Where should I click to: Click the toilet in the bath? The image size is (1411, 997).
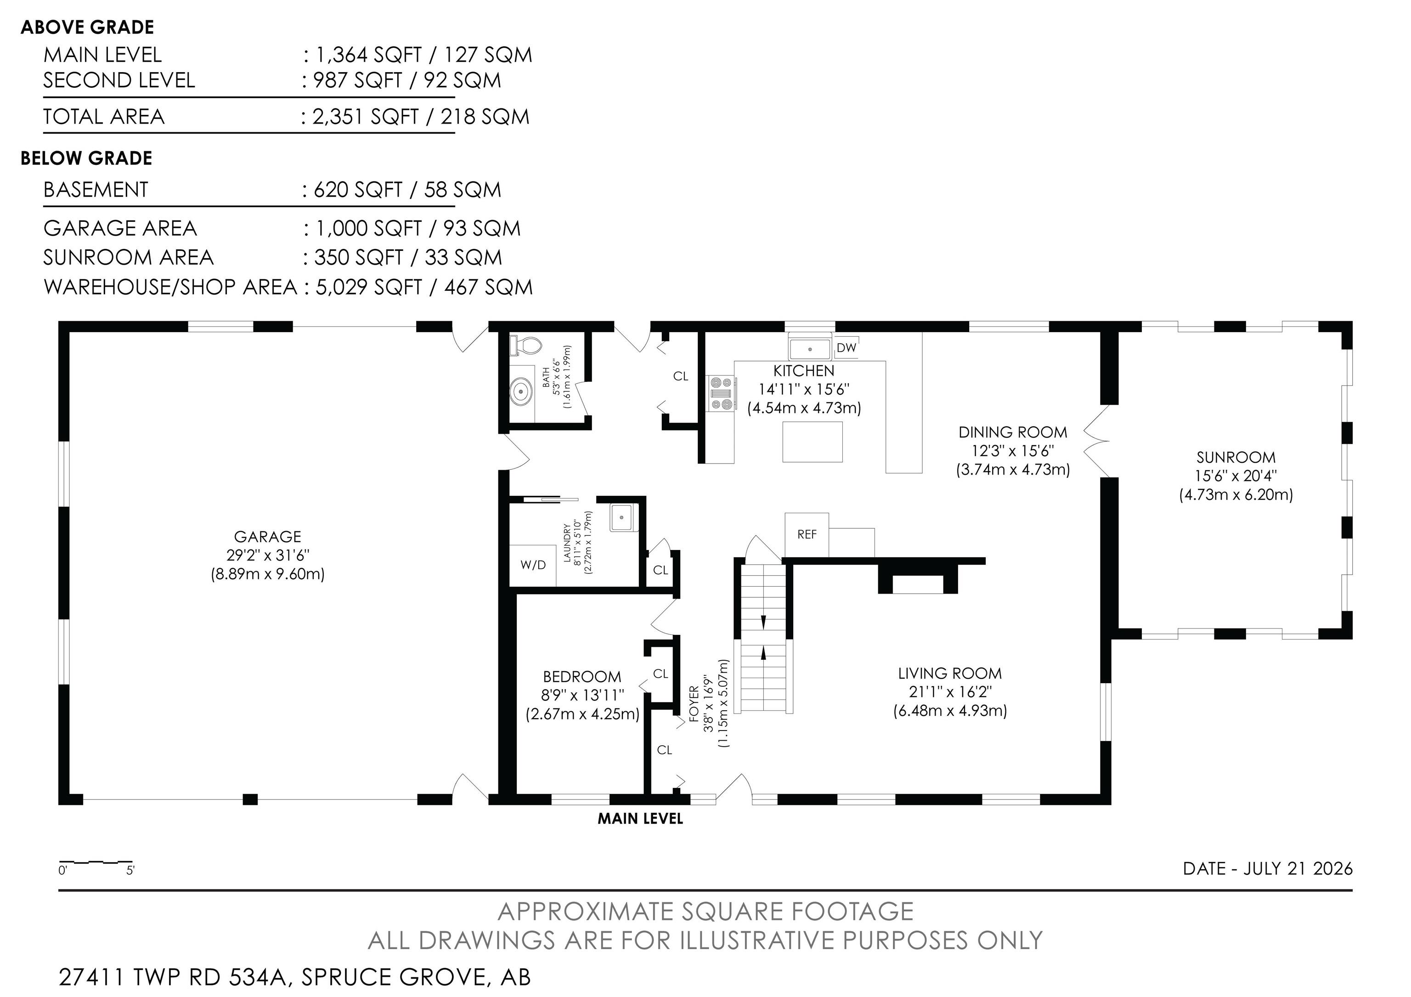[x=524, y=346]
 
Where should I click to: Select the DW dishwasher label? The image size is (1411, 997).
[x=846, y=348]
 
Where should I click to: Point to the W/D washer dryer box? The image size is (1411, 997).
[x=533, y=565]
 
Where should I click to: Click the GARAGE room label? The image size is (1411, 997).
[x=268, y=537]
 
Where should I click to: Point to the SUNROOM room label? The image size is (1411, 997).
[x=1236, y=457]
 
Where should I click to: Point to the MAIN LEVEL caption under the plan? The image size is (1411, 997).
[x=640, y=819]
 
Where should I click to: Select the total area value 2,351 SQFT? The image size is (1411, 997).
[x=366, y=117]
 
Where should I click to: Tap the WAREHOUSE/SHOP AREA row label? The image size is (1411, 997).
[x=170, y=287]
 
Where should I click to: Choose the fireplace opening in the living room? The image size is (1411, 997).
[x=918, y=584]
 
